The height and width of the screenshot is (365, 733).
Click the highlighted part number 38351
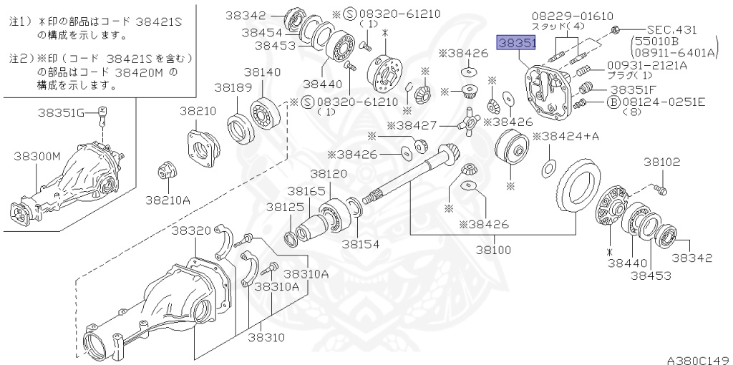coord(517,44)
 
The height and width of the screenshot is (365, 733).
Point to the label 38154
coord(361,243)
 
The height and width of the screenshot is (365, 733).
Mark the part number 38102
coord(661,162)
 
